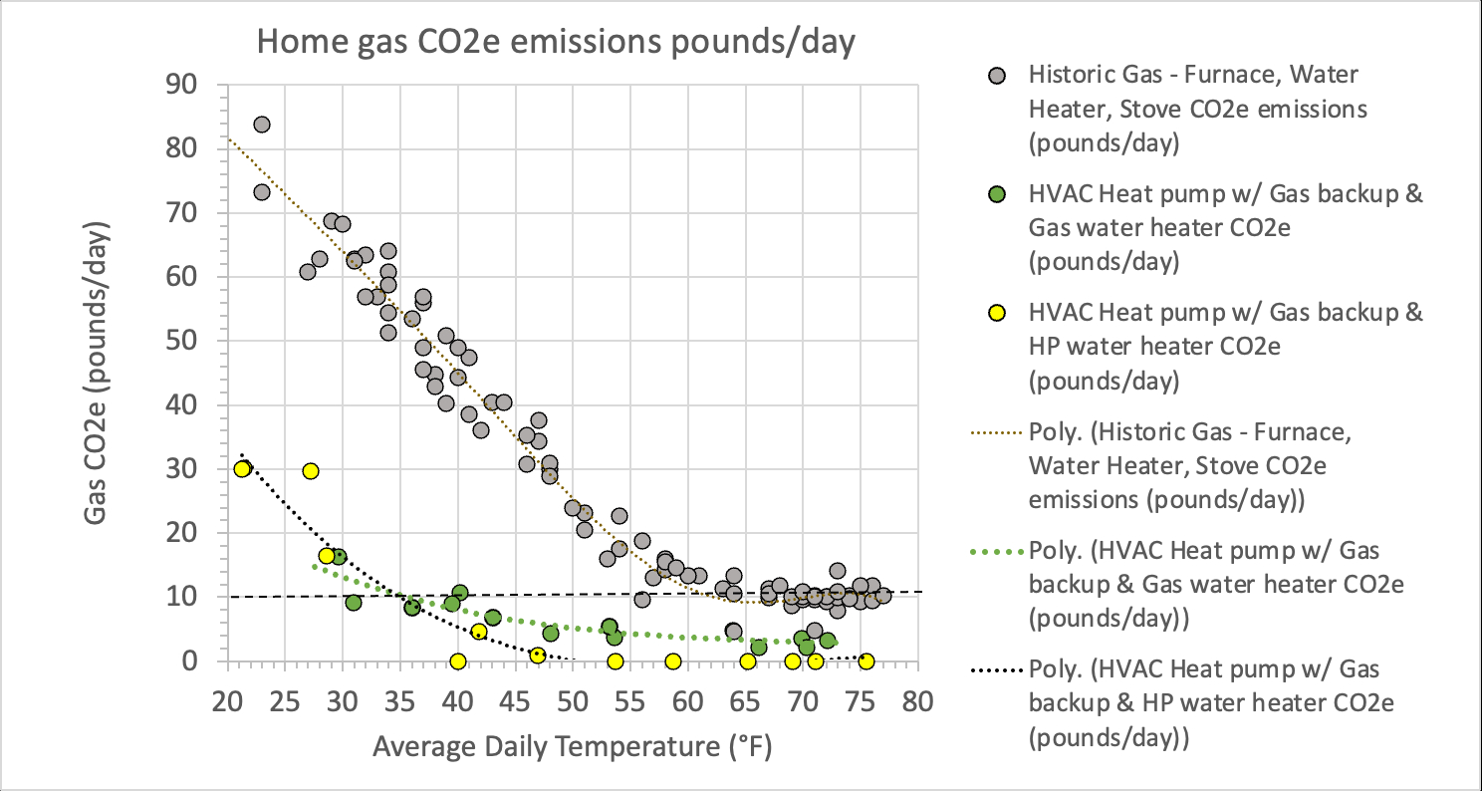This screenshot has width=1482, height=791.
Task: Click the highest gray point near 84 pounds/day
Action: [262, 125]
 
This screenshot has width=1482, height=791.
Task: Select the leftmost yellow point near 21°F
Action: [242, 469]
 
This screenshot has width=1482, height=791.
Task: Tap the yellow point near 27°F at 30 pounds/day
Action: [311, 471]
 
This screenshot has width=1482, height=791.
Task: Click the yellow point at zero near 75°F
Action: [866, 661]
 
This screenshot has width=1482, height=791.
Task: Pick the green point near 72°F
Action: [827, 641]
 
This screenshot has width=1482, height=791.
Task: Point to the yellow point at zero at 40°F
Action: [458, 661]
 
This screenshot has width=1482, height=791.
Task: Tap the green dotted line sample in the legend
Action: [995, 551]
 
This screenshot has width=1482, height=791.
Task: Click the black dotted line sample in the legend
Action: [995, 670]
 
